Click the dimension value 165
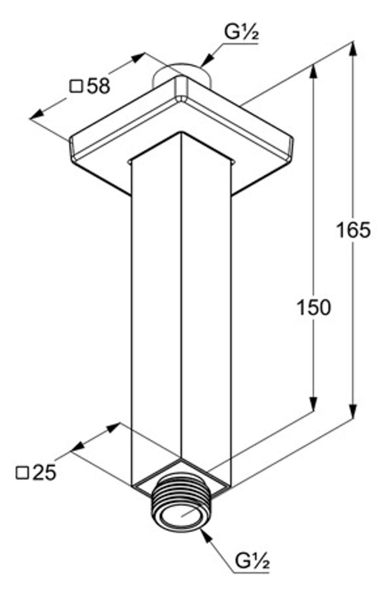click(x=353, y=230)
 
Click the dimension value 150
click(x=314, y=307)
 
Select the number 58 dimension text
click(x=99, y=86)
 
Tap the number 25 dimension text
click(x=44, y=472)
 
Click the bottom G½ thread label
click(x=252, y=561)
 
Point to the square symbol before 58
click(x=76, y=86)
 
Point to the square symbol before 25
click(x=23, y=473)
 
